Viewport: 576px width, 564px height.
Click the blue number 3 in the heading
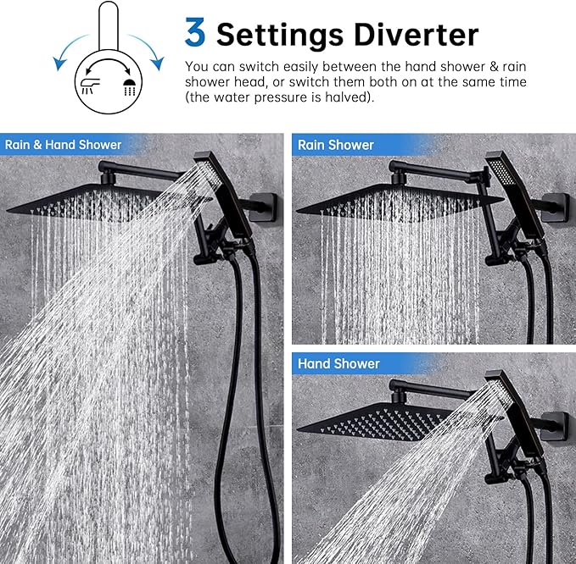pyautogui.click(x=195, y=32)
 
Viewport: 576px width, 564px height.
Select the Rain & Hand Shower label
pyautogui.click(x=63, y=145)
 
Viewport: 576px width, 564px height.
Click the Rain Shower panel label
pyautogui.click(x=335, y=145)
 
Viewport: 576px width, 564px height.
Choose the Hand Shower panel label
pyautogui.click(x=338, y=363)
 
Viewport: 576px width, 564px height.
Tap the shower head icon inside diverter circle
pyautogui.click(x=130, y=86)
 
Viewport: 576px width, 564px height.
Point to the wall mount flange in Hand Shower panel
pyautogui.click(x=557, y=427)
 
